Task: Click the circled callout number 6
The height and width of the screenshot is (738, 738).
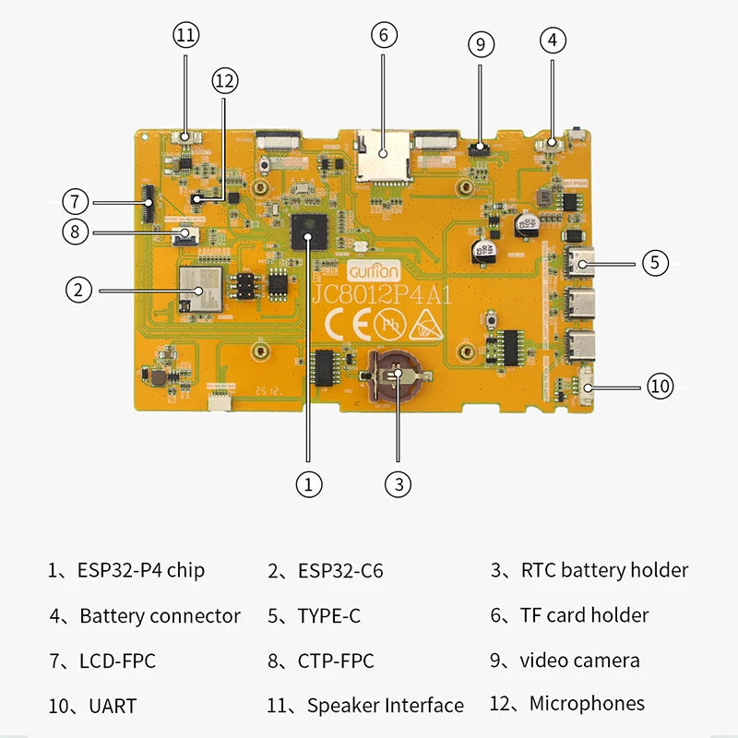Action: point(384,36)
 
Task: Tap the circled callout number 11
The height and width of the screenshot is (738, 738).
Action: point(185,36)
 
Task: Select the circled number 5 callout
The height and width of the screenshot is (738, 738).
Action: point(654,262)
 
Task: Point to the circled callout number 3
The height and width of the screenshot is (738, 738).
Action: point(398,482)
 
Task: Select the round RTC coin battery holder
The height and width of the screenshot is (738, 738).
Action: point(395,376)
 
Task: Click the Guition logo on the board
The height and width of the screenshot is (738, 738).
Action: point(375,272)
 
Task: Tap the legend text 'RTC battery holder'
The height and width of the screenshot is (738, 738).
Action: point(603,571)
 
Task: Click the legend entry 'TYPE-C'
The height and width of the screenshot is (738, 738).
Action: point(328,616)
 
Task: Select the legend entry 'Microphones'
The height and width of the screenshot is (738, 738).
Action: point(587,704)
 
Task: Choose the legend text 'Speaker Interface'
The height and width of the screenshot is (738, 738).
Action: point(385,706)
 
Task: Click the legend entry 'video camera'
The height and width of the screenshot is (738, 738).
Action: point(579,661)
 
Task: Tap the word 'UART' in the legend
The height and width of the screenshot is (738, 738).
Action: point(113,707)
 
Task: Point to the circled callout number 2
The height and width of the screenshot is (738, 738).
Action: point(79,290)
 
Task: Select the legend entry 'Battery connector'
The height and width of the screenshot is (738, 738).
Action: point(160,616)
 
